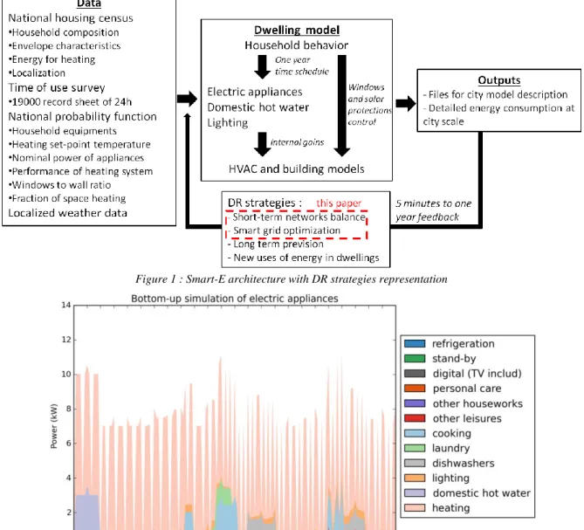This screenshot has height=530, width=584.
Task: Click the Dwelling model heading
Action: coord(297,30)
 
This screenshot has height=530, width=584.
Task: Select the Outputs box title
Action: coord(499,80)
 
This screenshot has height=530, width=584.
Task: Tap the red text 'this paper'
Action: coord(339,203)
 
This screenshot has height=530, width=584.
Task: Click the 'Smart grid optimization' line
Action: coord(286,231)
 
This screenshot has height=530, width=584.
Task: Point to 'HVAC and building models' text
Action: coord(297,169)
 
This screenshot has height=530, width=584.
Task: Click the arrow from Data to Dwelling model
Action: coord(188,99)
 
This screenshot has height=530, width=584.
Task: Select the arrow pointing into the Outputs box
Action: coord(406,103)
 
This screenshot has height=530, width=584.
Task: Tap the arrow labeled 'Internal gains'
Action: coord(262,144)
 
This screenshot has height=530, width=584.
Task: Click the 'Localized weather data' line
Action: coord(67,213)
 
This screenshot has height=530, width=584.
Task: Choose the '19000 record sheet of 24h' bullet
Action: coord(70,101)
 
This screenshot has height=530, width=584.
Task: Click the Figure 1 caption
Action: coord(292,279)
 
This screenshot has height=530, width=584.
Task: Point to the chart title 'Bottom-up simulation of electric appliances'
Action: coord(235,299)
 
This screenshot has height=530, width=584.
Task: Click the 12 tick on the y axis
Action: coord(66,340)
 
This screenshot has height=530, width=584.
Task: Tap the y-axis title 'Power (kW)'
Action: coord(54,426)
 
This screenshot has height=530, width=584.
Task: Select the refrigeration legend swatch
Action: coord(415,344)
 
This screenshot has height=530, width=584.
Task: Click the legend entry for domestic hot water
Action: coord(467,492)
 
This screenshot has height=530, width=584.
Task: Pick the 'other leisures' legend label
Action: coord(467,418)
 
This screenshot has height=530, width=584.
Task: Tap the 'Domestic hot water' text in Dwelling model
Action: coord(258,107)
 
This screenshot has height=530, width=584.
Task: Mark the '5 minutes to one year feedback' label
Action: coord(434,210)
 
